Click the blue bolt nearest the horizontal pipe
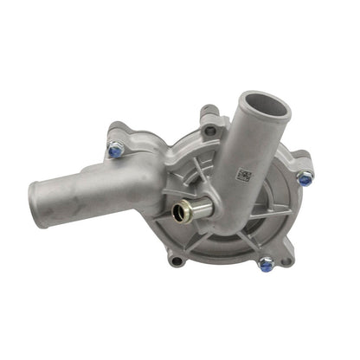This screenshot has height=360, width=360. click(x=115, y=151)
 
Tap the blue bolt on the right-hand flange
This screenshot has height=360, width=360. click(x=305, y=178)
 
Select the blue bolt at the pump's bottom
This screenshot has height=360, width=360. click(x=266, y=264)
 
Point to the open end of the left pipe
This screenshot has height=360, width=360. click(x=39, y=205)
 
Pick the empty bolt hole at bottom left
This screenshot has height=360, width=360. click(x=177, y=260)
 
